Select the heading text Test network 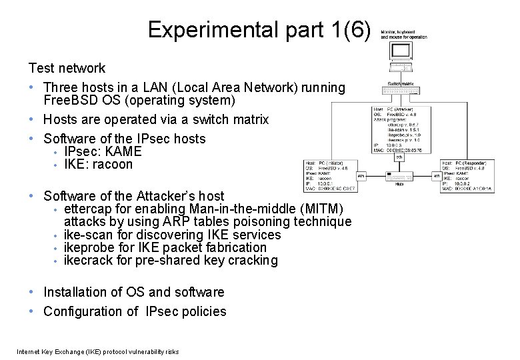point(67,68)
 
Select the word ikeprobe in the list point(88,247)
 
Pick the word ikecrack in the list point(87,260)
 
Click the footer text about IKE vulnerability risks point(98,351)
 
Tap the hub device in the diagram point(399,179)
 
